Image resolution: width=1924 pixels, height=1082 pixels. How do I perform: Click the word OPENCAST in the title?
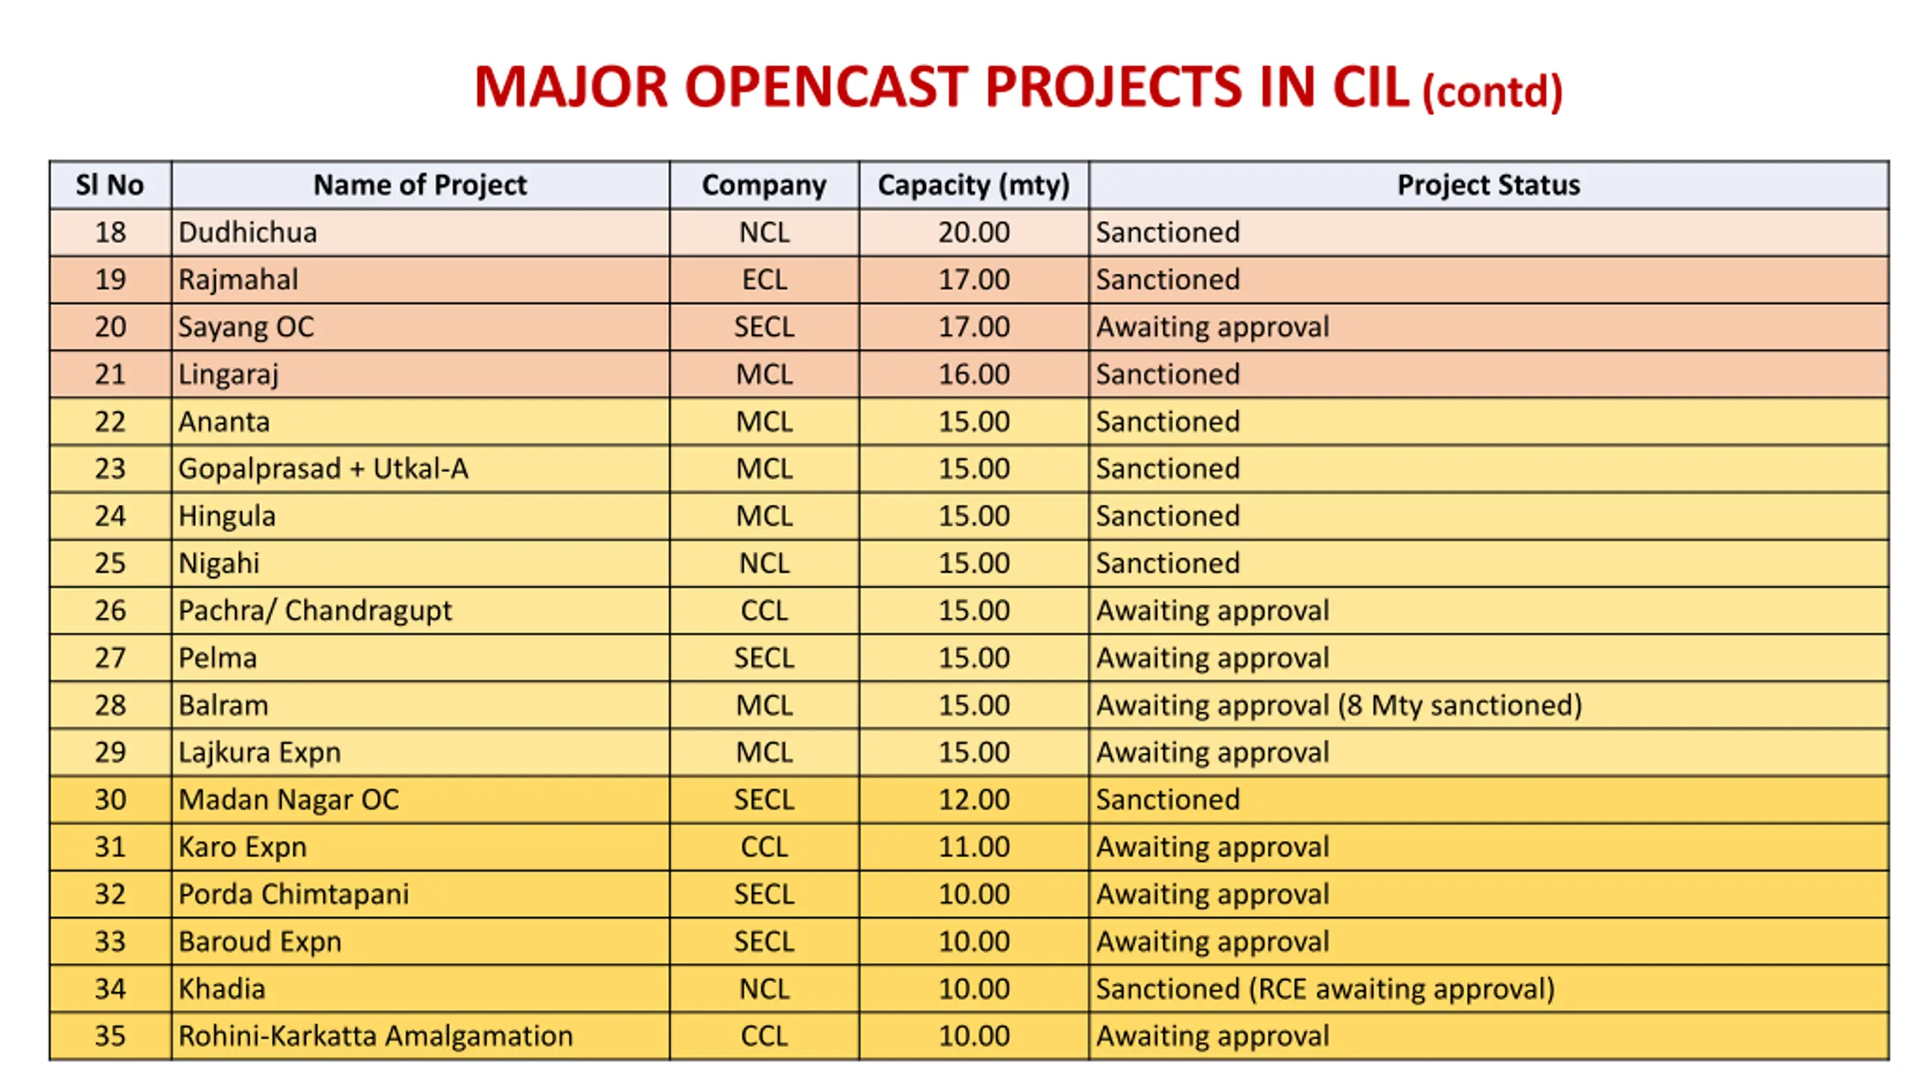(x=825, y=87)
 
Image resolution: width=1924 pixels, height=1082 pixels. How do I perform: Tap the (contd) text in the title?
(x=1492, y=92)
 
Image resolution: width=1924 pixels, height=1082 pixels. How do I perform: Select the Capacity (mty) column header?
(x=973, y=185)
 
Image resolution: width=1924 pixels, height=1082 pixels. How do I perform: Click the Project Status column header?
(x=1488, y=185)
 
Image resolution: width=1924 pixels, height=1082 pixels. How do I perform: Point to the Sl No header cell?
(x=110, y=185)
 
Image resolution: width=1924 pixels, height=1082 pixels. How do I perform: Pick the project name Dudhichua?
(x=247, y=232)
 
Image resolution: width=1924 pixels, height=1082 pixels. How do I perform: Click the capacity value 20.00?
(x=973, y=232)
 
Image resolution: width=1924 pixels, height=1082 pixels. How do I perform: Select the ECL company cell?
(x=764, y=280)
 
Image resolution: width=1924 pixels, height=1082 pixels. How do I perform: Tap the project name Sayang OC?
(x=246, y=327)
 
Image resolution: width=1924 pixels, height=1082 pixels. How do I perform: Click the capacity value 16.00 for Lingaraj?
(x=973, y=374)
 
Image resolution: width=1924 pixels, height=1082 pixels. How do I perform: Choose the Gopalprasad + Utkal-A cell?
(x=323, y=469)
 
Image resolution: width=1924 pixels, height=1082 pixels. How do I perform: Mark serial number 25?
(x=110, y=564)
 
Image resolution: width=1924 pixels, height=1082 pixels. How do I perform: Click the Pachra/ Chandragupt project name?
(x=315, y=611)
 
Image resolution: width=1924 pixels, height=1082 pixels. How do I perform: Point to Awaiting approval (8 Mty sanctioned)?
(x=1339, y=706)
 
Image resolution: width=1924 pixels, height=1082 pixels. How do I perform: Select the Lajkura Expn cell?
(x=259, y=753)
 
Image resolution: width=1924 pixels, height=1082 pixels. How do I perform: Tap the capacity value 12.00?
(x=973, y=799)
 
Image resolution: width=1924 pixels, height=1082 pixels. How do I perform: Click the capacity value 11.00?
(x=973, y=847)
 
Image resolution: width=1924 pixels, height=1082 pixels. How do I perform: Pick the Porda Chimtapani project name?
(x=293, y=894)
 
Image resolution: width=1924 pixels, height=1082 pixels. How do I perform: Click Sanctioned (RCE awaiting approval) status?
(x=1324, y=989)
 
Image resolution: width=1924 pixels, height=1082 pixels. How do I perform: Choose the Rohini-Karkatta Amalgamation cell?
(x=375, y=1036)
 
